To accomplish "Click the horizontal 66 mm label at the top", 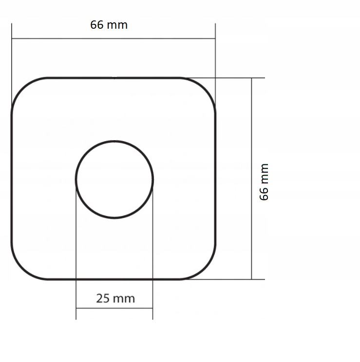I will click(109, 25).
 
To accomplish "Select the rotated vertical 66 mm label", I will click(264, 181).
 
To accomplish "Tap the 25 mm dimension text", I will click(115, 298).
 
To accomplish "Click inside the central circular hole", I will click(114, 179).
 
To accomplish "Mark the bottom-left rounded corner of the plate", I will click(22, 269).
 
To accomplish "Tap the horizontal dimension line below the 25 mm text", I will click(114, 308).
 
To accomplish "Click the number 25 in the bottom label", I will click(103, 298).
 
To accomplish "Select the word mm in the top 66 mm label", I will click(117, 25).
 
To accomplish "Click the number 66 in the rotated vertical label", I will click(264, 193).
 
